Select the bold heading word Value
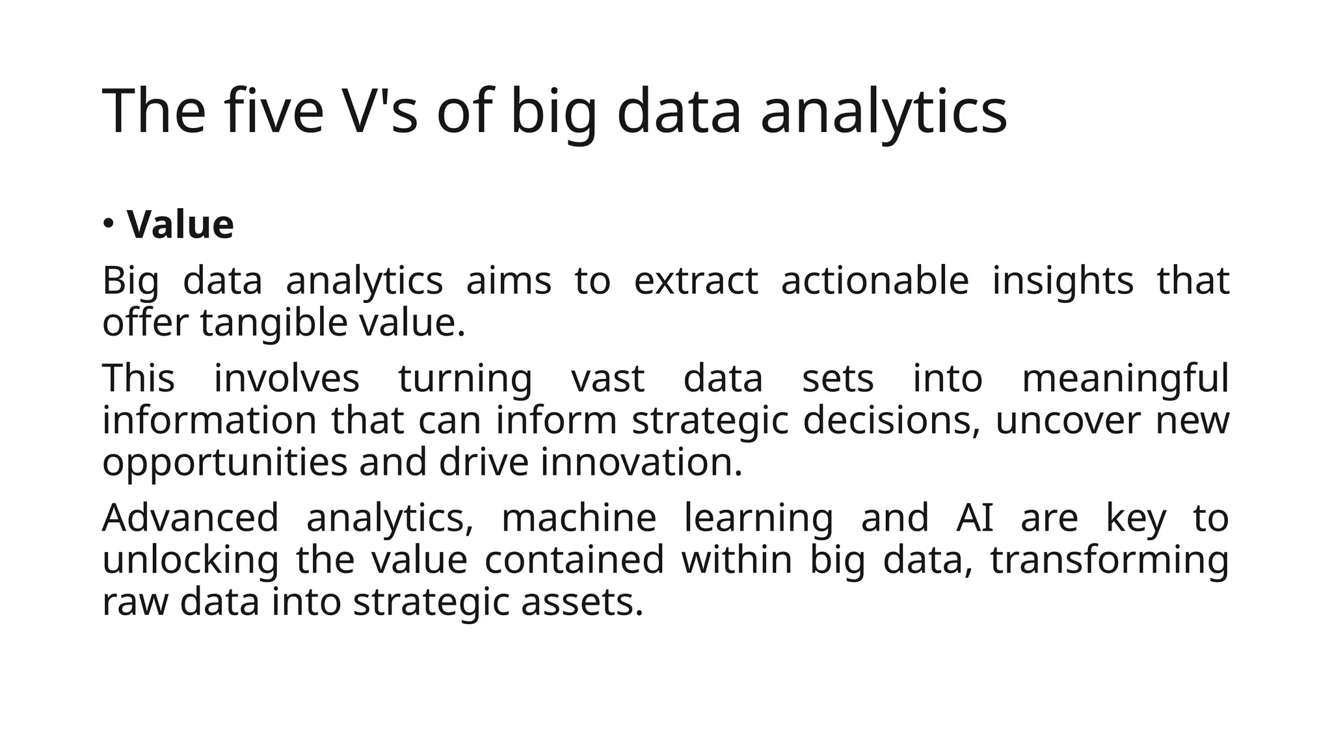click(x=180, y=225)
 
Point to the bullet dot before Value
click(x=109, y=224)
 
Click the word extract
click(x=696, y=281)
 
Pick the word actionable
click(x=875, y=281)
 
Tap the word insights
click(x=1063, y=281)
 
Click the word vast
click(x=607, y=379)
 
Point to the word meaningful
click(x=1125, y=379)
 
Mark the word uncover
click(x=1067, y=421)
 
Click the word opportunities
click(x=225, y=463)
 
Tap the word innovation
click(x=641, y=463)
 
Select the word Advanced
click(x=191, y=518)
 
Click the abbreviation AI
click(x=975, y=518)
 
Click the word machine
click(x=579, y=518)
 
